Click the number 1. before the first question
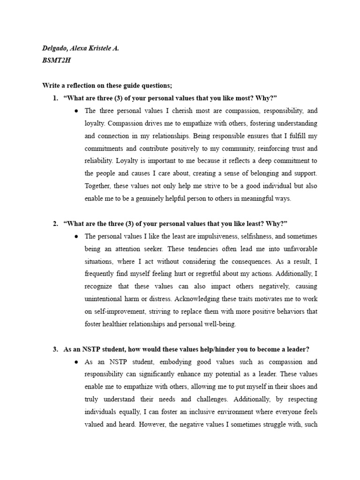(56, 97)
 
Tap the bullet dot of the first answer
(76, 111)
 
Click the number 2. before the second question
(56, 223)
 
